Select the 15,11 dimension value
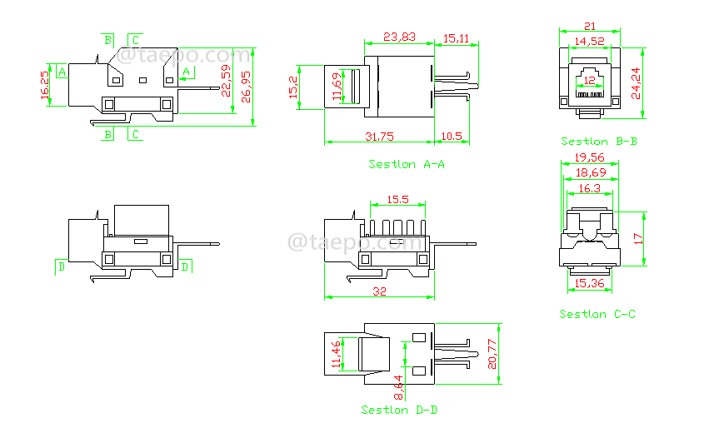[x=456, y=37]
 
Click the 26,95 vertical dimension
[x=247, y=86]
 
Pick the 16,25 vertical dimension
[x=45, y=85]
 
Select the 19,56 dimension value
[x=590, y=157]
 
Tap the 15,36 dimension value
[x=590, y=285]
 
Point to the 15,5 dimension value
[x=397, y=200]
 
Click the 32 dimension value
[x=379, y=292]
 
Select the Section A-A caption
[x=407, y=165]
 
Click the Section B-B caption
[x=599, y=142]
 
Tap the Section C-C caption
[x=597, y=315]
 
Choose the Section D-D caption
[x=400, y=411]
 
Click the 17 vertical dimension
[x=638, y=237]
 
